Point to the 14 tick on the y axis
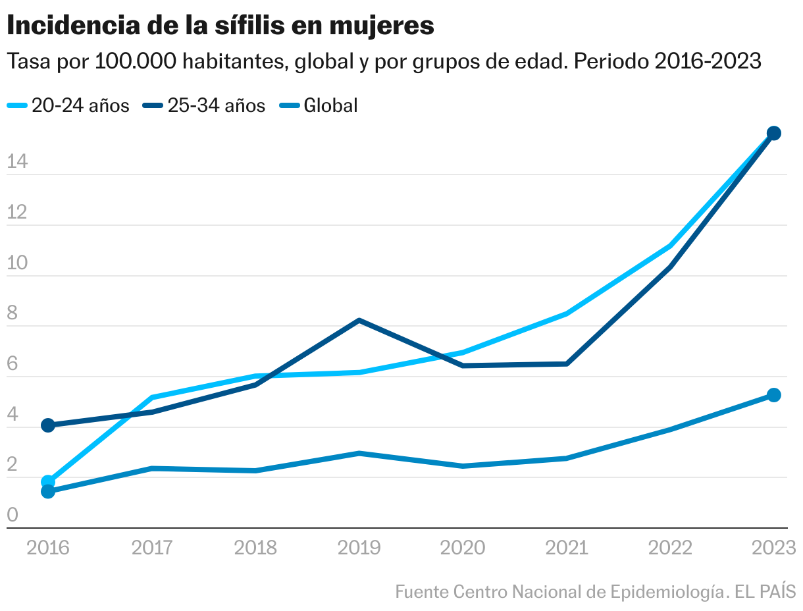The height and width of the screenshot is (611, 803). click(16, 162)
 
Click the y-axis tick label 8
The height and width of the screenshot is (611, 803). click(13, 314)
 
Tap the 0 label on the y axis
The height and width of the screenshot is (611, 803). click(13, 516)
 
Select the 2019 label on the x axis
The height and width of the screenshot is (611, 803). click(359, 548)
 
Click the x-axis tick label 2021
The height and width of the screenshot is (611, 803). click(566, 548)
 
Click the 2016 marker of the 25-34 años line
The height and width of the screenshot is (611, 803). click(47, 425)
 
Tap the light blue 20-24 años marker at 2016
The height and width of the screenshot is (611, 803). click(47, 481)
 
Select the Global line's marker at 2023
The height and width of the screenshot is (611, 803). click(774, 395)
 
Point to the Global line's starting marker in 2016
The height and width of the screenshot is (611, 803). click(47, 492)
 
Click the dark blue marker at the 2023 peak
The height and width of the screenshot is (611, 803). click(774, 133)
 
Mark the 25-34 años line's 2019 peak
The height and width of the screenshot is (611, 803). click(359, 321)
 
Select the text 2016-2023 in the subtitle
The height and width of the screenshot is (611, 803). click(708, 62)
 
